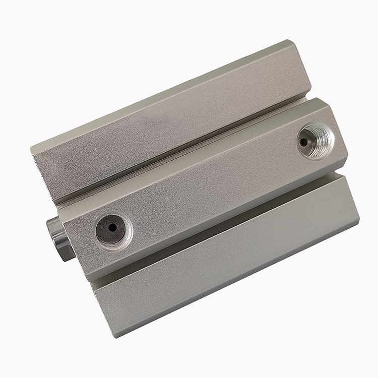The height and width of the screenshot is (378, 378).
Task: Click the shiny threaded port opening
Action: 316,141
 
